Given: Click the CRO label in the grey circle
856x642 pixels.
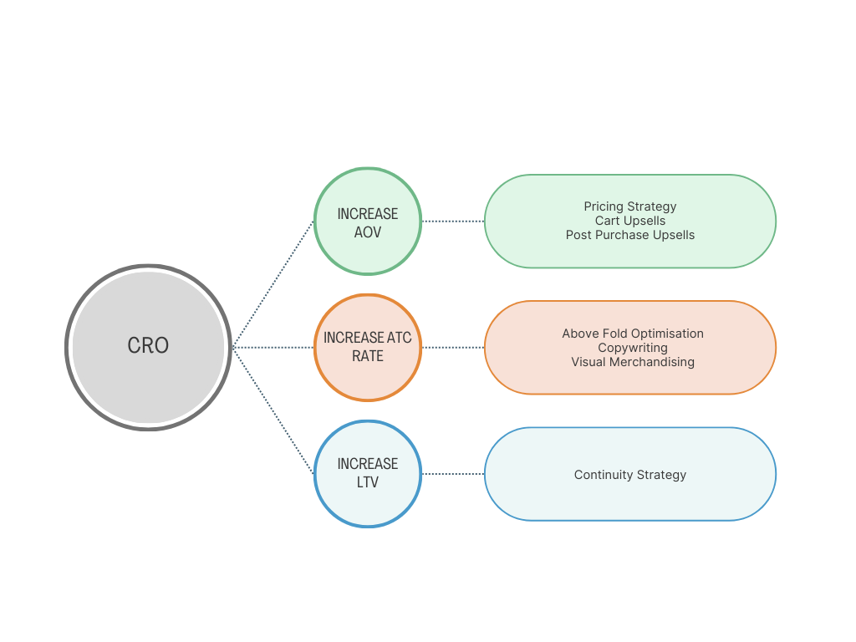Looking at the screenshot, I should [148, 345].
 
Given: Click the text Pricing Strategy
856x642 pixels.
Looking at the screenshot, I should [630, 206].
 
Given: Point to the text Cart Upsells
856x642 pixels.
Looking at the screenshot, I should [630, 221].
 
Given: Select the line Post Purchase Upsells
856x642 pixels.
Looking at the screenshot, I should [630, 235].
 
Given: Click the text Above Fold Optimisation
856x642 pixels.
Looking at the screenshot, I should [633, 334].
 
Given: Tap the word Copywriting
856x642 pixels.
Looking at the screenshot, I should [633, 348].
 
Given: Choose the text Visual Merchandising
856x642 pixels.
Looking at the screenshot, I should [633, 362].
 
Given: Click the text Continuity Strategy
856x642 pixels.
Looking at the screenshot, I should [630, 475].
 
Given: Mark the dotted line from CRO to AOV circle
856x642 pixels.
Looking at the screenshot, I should [273, 283].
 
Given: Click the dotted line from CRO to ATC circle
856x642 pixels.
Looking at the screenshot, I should [273, 347].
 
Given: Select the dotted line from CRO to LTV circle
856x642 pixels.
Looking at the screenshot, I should [273, 410].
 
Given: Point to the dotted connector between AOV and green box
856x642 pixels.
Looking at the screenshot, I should [453, 222].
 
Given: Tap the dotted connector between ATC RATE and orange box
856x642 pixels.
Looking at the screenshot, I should [453, 348].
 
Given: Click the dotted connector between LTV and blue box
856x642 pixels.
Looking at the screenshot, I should [453, 474].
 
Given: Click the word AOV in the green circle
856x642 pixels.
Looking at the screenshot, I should [368, 232].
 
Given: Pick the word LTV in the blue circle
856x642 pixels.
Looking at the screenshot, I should [368, 482].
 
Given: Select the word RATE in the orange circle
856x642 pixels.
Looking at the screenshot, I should [368, 356].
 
